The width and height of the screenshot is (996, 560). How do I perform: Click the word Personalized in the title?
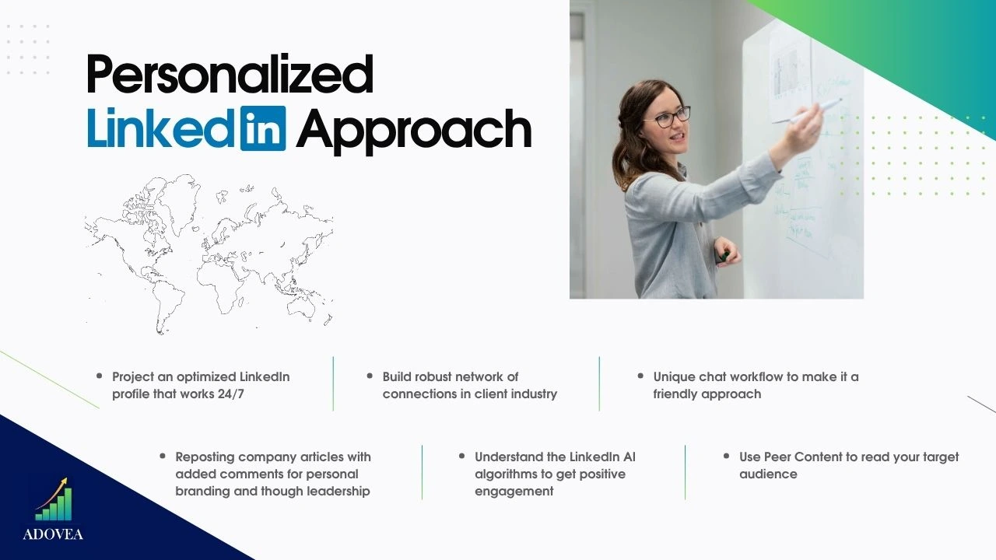click(x=230, y=74)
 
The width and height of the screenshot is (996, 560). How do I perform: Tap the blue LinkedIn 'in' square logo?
click(x=263, y=128)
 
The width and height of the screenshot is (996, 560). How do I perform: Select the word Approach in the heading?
click(x=413, y=131)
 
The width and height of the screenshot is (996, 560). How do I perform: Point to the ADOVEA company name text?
click(x=53, y=534)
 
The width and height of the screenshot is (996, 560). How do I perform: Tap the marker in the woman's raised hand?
click(x=807, y=111)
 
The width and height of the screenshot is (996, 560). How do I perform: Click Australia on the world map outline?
click(x=301, y=306)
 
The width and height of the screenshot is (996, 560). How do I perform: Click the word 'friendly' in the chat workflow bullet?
click(x=675, y=394)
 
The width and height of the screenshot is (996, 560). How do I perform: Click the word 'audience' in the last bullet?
click(x=768, y=474)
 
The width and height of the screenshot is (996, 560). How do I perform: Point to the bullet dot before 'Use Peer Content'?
click(x=726, y=456)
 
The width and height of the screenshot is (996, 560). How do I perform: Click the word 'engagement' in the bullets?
click(x=514, y=492)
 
